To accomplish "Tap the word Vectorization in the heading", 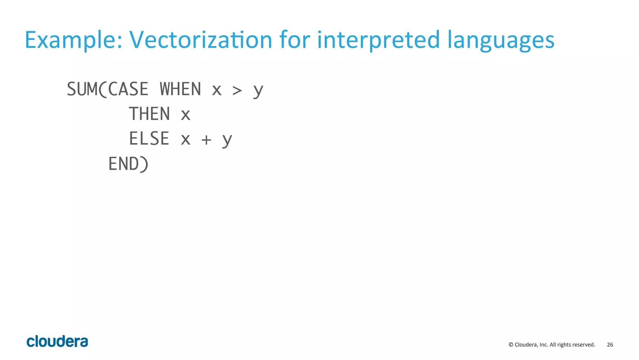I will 201,40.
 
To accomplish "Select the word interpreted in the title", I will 378,40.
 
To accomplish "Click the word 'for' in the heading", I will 295,40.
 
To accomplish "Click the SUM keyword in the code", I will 82,89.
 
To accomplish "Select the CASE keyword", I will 128,89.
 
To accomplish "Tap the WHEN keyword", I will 180,89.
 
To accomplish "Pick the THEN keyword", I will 149,114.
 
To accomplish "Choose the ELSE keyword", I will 149,139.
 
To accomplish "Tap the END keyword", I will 124,164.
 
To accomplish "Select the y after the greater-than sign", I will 258,91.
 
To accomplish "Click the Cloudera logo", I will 57,342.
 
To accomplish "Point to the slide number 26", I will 610,345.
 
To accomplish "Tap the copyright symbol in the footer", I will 511,345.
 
